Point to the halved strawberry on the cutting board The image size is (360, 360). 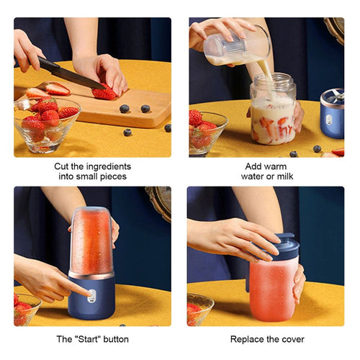[x=57, y=89]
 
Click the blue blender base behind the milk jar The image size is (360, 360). [x=332, y=114]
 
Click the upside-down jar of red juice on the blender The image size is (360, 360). [x=91, y=240]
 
